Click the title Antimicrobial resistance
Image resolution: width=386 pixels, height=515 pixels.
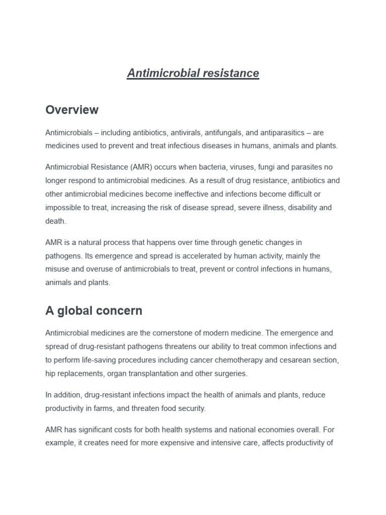coord(193,73)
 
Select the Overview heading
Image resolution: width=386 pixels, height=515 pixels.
coord(72,110)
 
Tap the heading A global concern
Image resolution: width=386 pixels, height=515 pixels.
coord(93,311)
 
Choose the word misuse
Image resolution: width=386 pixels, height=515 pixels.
coord(57,269)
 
